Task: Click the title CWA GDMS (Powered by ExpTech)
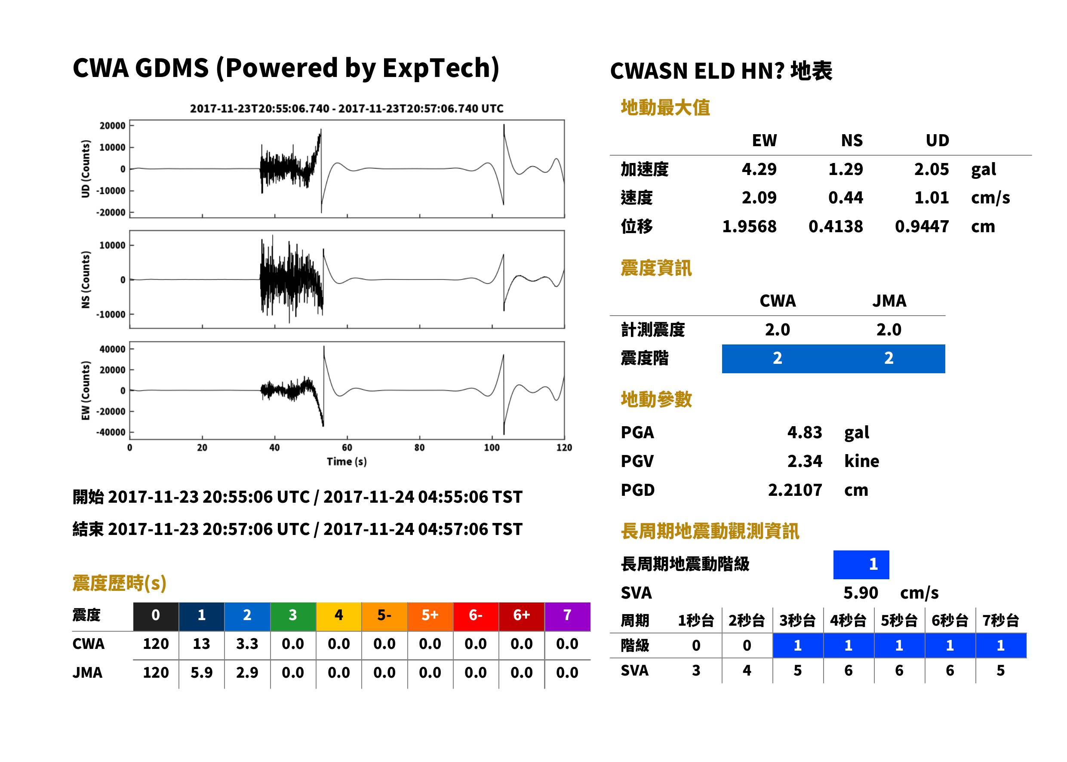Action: (286, 68)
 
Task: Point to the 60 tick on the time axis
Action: (347, 448)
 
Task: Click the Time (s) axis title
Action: (347, 462)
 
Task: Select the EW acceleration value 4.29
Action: (759, 169)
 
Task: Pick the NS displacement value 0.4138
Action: (835, 227)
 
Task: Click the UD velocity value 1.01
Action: (932, 197)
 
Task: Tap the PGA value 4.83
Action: (804, 432)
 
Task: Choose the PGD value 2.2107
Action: (795, 490)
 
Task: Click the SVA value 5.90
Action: (861, 593)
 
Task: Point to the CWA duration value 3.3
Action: (247, 644)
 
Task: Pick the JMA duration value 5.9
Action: (201, 673)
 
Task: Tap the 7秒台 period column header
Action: (1000, 620)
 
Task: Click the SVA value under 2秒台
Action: (747, 670)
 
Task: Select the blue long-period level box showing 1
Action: (861, 565)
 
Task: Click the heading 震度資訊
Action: (656, 268)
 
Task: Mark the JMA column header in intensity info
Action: (889, 301)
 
